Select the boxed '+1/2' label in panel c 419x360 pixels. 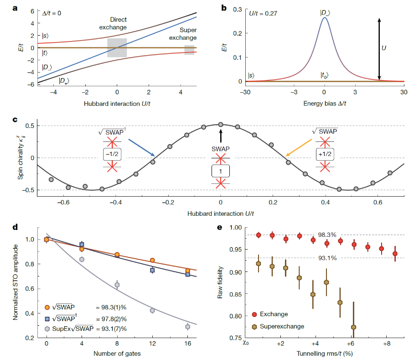pos(325,154)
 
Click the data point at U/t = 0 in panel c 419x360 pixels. pos(221,124)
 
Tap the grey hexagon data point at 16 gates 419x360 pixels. pos(187,327)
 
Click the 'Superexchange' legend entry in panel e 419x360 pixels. pos(284,326)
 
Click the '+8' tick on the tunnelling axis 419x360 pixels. pos(386,344)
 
